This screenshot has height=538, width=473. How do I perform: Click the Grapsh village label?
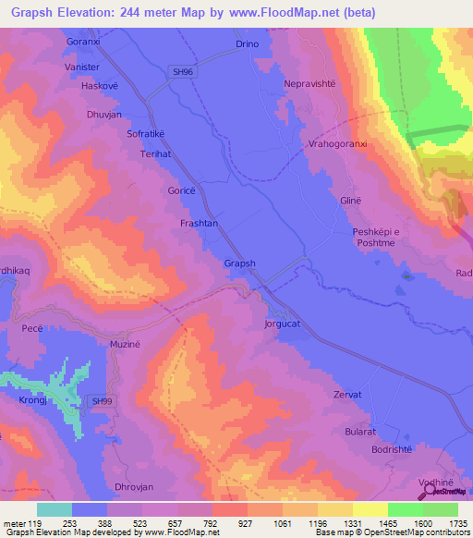[239, 263]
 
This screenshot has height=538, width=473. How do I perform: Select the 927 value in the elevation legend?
[245, 523]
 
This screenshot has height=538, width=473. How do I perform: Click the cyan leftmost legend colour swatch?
[55, 509]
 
